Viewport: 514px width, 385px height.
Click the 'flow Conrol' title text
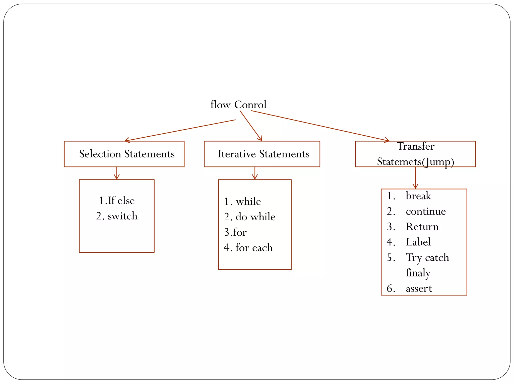(x=238, y=105)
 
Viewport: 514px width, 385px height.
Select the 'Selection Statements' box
(x=124, y=154)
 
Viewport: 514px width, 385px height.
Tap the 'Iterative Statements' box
(x=262, y=154)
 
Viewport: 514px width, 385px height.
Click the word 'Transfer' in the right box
(x=415, y=146)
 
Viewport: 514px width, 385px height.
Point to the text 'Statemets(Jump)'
(x=415, y=162)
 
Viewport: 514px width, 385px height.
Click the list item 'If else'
(x=117, y=201)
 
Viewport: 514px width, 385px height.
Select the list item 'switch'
(x=117, y=216)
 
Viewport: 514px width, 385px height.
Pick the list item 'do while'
(x=250, y=217)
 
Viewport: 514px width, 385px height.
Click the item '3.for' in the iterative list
(x=235, y=232)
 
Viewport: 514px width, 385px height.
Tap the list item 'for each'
(x=248, y=248)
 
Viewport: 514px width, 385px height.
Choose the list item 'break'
(x=418, y=196)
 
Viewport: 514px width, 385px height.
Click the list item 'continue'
(x=426, y=211)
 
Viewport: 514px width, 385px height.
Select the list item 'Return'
(x=422, y=227)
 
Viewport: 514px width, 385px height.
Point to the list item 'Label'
(x=418, y=242)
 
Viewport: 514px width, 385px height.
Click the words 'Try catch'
(x=427, y=257)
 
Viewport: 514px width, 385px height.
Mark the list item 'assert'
(x=419, y=288)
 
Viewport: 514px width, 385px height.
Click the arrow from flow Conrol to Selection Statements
(x=180, y=131)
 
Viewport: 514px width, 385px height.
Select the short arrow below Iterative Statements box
(x=255, y=173)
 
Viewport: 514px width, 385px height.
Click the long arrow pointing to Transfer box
(x=320, y=126)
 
